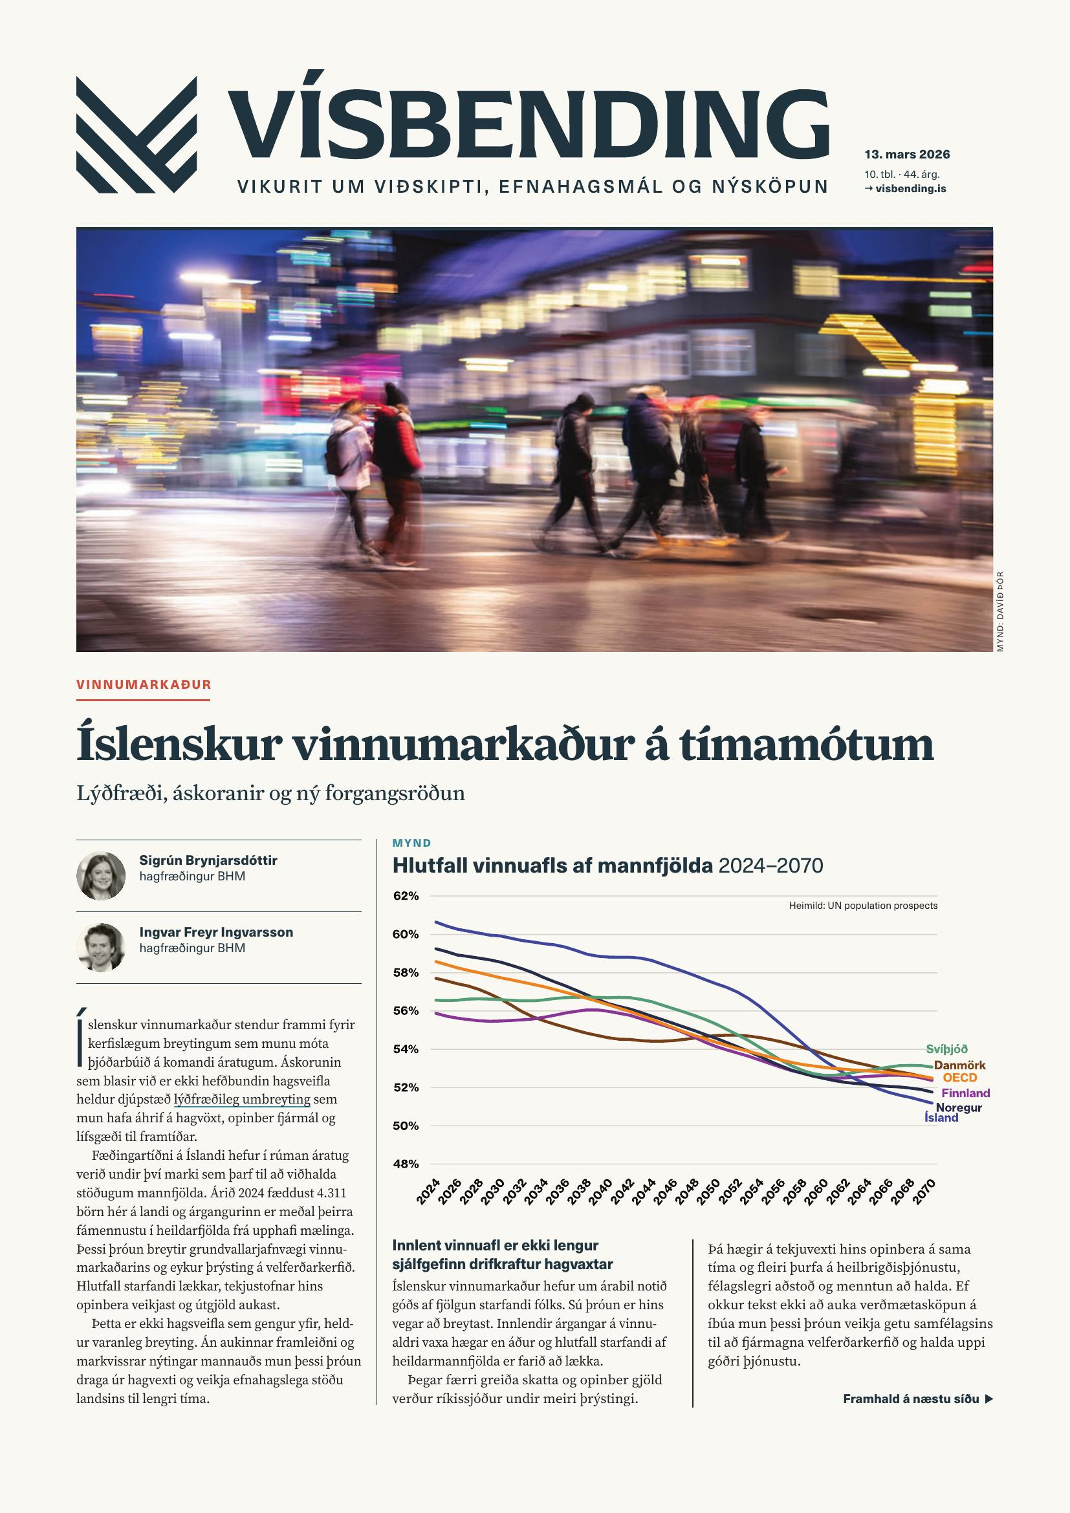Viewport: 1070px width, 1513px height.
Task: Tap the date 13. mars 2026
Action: point(907,155)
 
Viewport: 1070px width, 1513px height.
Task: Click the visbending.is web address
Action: point(912,188)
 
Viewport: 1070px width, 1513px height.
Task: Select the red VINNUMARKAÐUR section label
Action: point(144,684)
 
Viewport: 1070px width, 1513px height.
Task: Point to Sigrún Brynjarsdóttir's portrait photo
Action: point(101,876)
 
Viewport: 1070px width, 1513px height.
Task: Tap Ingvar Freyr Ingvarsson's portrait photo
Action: point(101,947)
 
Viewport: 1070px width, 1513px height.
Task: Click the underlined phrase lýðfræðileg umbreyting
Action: point(242,1099)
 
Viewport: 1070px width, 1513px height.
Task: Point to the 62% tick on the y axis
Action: point(406,896)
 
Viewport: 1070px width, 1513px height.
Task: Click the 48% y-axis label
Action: point(406,1164)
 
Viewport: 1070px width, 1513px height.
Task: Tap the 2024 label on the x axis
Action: point(428,1192)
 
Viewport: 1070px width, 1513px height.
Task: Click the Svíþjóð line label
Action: point(947,1049)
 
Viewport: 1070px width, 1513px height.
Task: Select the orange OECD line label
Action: point(959,1078)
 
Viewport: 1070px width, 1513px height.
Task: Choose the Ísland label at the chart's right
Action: point(941,1118)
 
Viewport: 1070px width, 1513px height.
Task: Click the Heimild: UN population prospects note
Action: point(863,906)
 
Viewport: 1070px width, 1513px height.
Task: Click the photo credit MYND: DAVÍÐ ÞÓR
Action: point(999,611)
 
